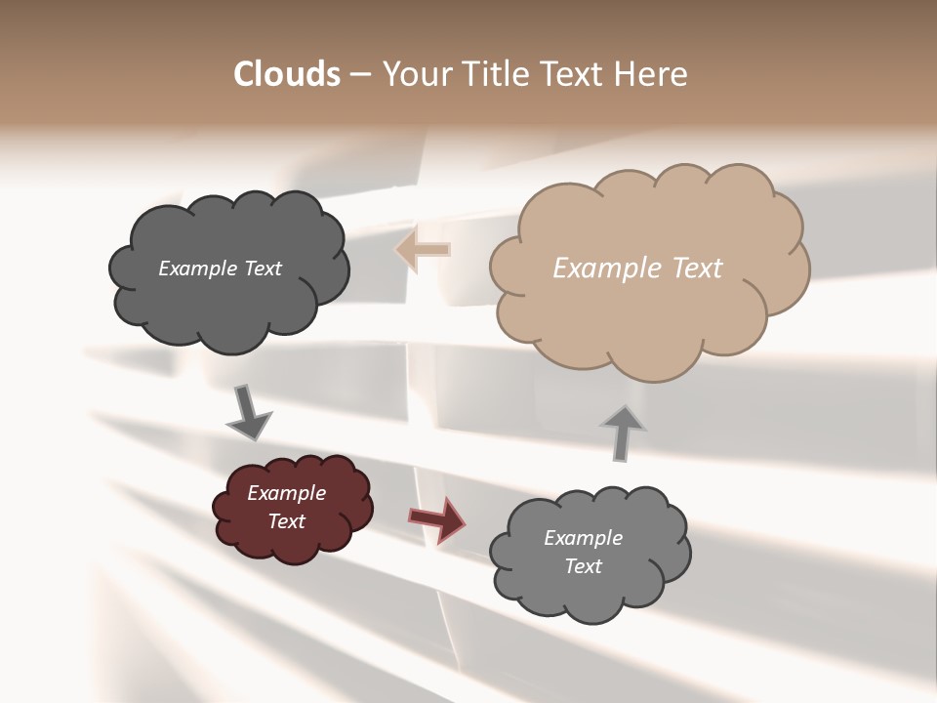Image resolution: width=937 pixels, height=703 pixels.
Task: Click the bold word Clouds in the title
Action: coord(286,74)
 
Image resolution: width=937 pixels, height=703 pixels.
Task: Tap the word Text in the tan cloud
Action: coord(699,269)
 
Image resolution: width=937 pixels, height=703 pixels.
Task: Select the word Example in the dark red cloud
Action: coord(286,493)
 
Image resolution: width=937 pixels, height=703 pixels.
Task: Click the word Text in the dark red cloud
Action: coord(286,521)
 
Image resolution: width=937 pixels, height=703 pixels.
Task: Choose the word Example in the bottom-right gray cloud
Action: coord(583,538)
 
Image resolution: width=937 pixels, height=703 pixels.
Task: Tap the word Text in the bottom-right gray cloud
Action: coord(583,566)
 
